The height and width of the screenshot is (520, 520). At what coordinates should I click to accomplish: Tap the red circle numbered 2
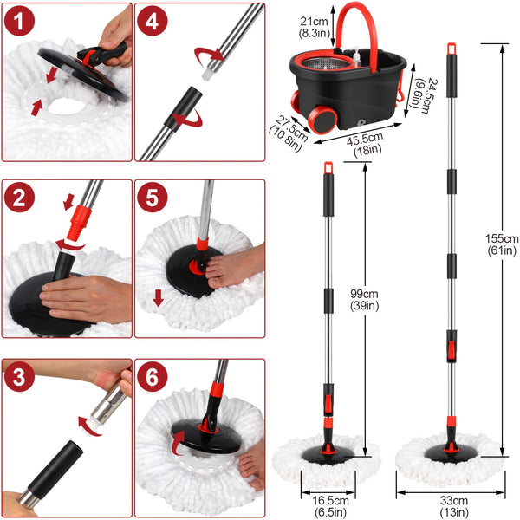(x=19, y=198)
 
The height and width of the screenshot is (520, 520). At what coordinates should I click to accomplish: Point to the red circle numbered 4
(x=151, y=22)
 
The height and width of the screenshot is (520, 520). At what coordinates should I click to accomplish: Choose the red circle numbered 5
(x=151, y=198)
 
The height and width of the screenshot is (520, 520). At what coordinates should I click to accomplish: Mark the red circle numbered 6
(x=151, y=379)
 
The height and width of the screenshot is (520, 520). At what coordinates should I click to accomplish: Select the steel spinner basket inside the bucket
(x=338, y=69)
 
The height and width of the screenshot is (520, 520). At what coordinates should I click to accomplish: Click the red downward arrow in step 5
(x=158, y=299)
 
